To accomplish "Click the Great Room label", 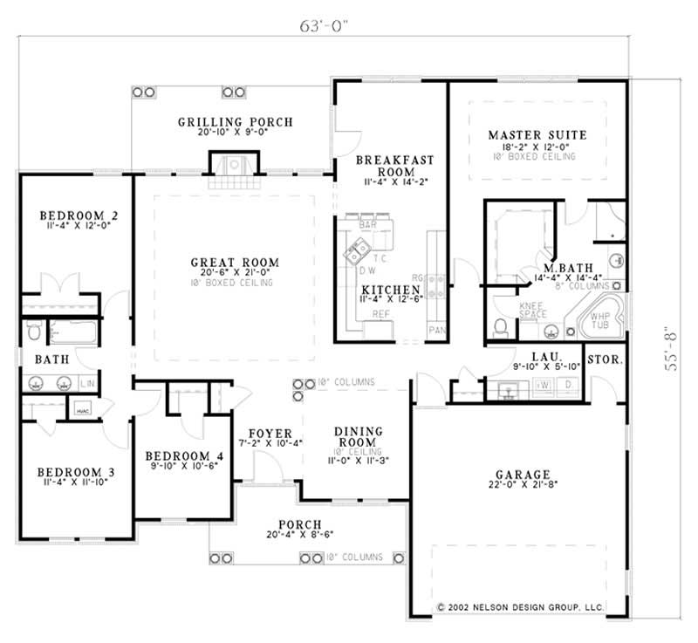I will [x=236, y=263].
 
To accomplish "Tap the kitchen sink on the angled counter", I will [x=356, y=254].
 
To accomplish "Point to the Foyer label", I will [x=263, y=433].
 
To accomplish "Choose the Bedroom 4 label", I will [x=184, y=456].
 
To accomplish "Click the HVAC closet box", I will [x=84, y=409].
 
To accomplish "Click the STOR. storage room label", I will [x=604, y=359].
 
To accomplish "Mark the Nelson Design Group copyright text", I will [x=520, y=605].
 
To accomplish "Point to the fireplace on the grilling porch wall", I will [x=234, y=164].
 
